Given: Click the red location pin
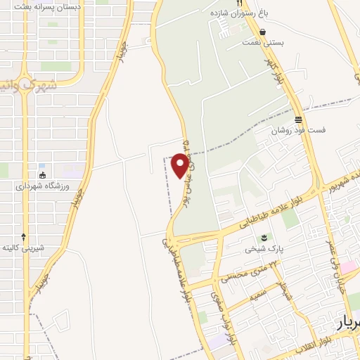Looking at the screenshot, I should click(181, 165).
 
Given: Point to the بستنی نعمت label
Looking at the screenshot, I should click(262, 43).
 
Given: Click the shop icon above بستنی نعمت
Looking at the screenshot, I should click(262, 32).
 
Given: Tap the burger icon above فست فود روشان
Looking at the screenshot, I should click(298, 120).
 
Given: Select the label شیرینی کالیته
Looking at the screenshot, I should click(24, 248).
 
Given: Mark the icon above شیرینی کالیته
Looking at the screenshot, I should click(24, 237).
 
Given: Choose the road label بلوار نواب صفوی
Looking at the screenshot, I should click(214, 309).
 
